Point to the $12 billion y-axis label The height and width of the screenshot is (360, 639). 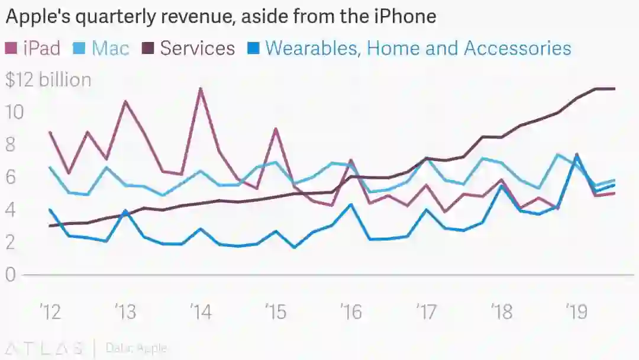(49, 80)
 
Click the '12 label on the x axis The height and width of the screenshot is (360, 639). (50, 311)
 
